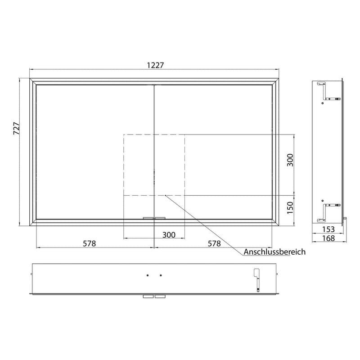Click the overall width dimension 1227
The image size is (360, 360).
pos(154,65)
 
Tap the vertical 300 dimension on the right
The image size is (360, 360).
pos(290,160)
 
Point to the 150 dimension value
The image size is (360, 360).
pos(290,207)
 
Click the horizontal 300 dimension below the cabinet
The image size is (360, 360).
pos(169,234)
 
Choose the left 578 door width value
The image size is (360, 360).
pos(89,243)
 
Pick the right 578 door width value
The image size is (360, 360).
pos(214,243)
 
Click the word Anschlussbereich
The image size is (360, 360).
pos(274,252)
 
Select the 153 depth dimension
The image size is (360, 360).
pos(329,229)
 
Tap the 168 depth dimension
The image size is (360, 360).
pos(329,238)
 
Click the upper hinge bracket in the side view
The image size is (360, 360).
pos(326,90)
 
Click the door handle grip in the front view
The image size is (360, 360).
pos(154,217)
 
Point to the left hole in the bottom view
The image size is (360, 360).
pos(148,274)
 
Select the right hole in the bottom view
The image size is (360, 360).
pos(161,274)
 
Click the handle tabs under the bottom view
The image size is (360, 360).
pos(154,297)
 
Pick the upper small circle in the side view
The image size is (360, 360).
pos(322,103)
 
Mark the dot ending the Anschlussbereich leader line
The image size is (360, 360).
pos(165,195)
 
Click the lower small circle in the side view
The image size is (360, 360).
pos(322,200)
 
